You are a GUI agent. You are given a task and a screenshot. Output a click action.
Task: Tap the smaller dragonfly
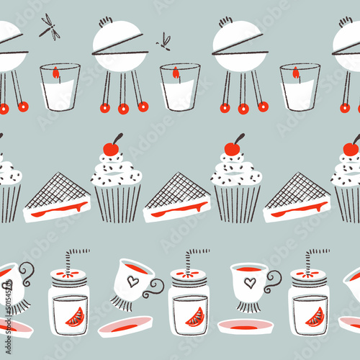[x=164, y=41]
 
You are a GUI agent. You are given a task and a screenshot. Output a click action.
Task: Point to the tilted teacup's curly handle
[x=154, y=287]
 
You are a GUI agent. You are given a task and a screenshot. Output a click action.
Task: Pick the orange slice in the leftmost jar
[x=74, y=317]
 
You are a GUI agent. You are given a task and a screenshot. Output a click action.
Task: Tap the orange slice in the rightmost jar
[x=315, y=317]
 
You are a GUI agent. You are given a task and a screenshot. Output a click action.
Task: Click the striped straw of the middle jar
[x=193, y=259]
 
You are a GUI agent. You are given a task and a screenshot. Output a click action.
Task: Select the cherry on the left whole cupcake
[x=111, y=148]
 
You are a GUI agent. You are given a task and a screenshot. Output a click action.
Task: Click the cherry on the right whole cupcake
[x=232, y=148]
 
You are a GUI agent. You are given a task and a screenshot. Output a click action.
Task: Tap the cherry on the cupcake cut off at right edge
[x=351, y=148]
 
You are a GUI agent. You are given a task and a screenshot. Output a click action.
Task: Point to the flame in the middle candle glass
[x=176, y=73]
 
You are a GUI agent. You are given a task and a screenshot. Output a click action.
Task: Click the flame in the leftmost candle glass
[x=56, y=73]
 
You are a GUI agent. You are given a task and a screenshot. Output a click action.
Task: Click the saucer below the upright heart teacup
[x=245, y=325]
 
